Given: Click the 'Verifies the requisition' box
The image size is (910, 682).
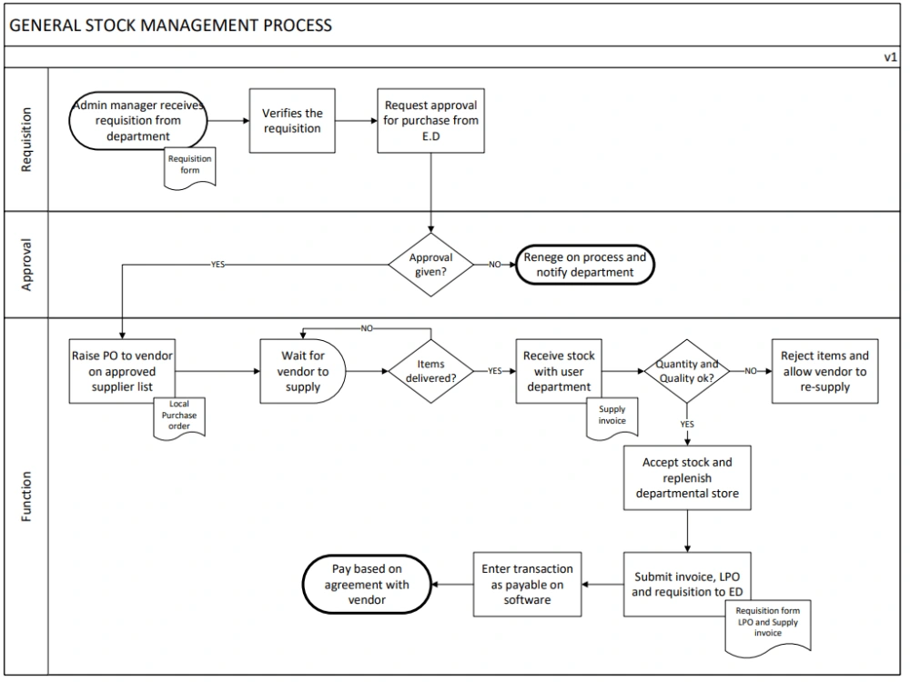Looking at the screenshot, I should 291,121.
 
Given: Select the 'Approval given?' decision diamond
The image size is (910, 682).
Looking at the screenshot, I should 430,264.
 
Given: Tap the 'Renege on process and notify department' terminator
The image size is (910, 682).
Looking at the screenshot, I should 585,265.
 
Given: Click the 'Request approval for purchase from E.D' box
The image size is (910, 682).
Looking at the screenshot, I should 430,121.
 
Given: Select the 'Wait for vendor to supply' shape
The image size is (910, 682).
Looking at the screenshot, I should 302,371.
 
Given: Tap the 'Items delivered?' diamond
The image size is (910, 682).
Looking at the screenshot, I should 430,371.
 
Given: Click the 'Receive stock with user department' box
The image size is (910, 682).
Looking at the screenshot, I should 557,371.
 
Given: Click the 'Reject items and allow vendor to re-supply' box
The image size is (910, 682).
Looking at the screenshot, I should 824,371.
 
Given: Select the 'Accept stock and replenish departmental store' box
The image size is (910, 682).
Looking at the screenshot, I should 686,478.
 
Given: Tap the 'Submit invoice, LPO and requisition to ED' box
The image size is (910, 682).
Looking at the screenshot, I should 686,584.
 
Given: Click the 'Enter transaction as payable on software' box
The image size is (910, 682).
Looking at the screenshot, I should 527,584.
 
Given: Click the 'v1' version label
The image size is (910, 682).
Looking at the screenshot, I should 890,56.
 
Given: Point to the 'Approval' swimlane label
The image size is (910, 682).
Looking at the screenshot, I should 26,265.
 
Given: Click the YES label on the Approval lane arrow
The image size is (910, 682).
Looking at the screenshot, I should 217,265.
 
